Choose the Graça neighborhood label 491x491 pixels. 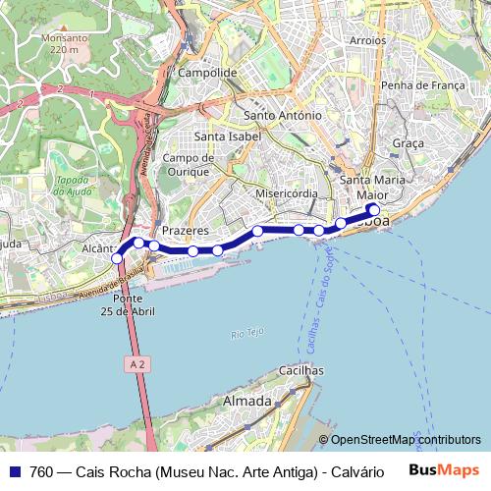point(408,143)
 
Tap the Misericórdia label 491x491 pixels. point(286,193)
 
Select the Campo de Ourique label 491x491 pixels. point(189,164)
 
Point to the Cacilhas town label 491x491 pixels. point(301,371)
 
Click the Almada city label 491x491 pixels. point(247,402)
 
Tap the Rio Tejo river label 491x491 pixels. point(249,334)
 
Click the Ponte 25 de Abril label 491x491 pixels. point(135,304)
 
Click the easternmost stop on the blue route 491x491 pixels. point(373,208)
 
